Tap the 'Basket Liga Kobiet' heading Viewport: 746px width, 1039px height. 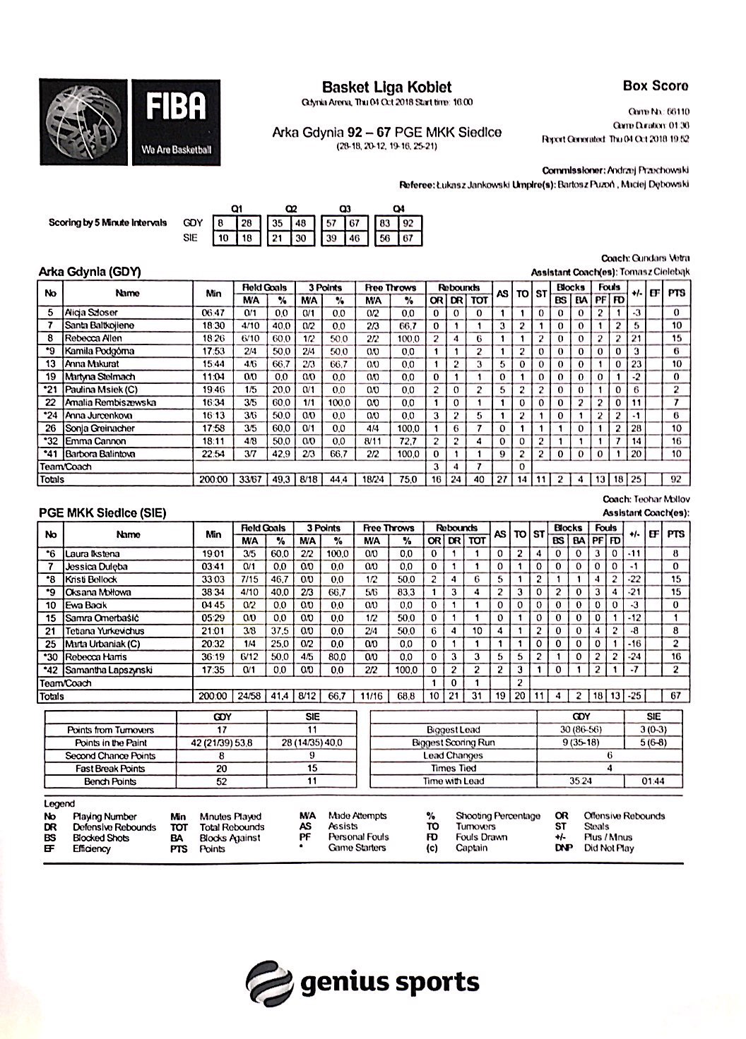point(386,88)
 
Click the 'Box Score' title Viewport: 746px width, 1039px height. point(655,86)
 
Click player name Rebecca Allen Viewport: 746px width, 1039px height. point(95,338)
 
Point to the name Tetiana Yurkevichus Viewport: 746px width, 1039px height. point(105,631)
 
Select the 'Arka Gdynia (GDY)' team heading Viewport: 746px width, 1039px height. point(90,272)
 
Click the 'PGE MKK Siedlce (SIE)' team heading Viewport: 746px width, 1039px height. point(102,513)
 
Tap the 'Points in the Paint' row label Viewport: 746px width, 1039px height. point(110,743)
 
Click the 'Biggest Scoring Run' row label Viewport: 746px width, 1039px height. point(453,743)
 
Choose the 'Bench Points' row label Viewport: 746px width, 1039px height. point(110,782)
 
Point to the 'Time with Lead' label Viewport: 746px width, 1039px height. point(453,781)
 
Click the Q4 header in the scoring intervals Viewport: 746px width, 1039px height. point(398,209)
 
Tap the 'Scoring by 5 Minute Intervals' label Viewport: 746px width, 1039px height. point(107,223)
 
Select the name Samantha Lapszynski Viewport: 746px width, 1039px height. point(108,670)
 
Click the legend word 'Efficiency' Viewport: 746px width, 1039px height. point(91,848)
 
